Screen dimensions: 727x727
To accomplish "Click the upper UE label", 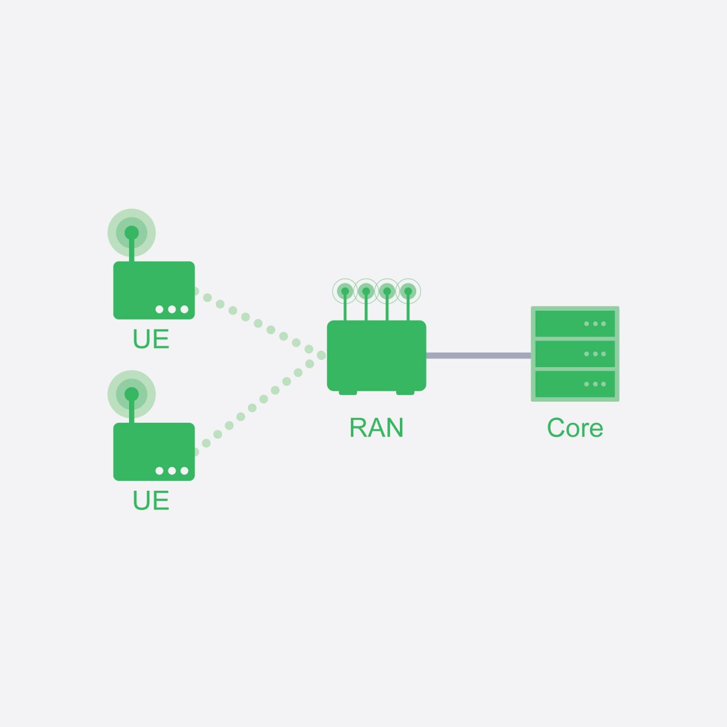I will (151, 339).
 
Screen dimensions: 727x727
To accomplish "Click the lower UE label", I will (151, 501).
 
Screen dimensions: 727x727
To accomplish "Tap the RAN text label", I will (376, 428).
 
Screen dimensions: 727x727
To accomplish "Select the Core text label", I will (575, 428).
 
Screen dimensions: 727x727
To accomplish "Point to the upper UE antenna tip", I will (131, 233).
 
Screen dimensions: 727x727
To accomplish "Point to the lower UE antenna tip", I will (131, 394).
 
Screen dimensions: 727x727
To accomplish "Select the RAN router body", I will (376, 355).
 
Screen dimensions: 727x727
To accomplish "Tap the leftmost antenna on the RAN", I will (345, 292).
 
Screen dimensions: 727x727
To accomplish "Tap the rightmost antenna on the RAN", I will (408, 292).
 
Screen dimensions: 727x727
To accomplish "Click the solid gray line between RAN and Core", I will (479, 356).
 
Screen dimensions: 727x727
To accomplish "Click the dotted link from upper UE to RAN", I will (258, 324).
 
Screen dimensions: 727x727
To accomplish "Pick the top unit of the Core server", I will (575, 324).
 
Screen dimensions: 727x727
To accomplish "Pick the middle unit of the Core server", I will (575, 354).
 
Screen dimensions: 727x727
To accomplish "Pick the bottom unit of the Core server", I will (575, 383).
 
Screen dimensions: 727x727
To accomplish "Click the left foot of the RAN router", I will (348, 393).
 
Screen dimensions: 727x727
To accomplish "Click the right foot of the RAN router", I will (405, 393).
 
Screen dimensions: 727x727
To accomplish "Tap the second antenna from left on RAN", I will (366, 292).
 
